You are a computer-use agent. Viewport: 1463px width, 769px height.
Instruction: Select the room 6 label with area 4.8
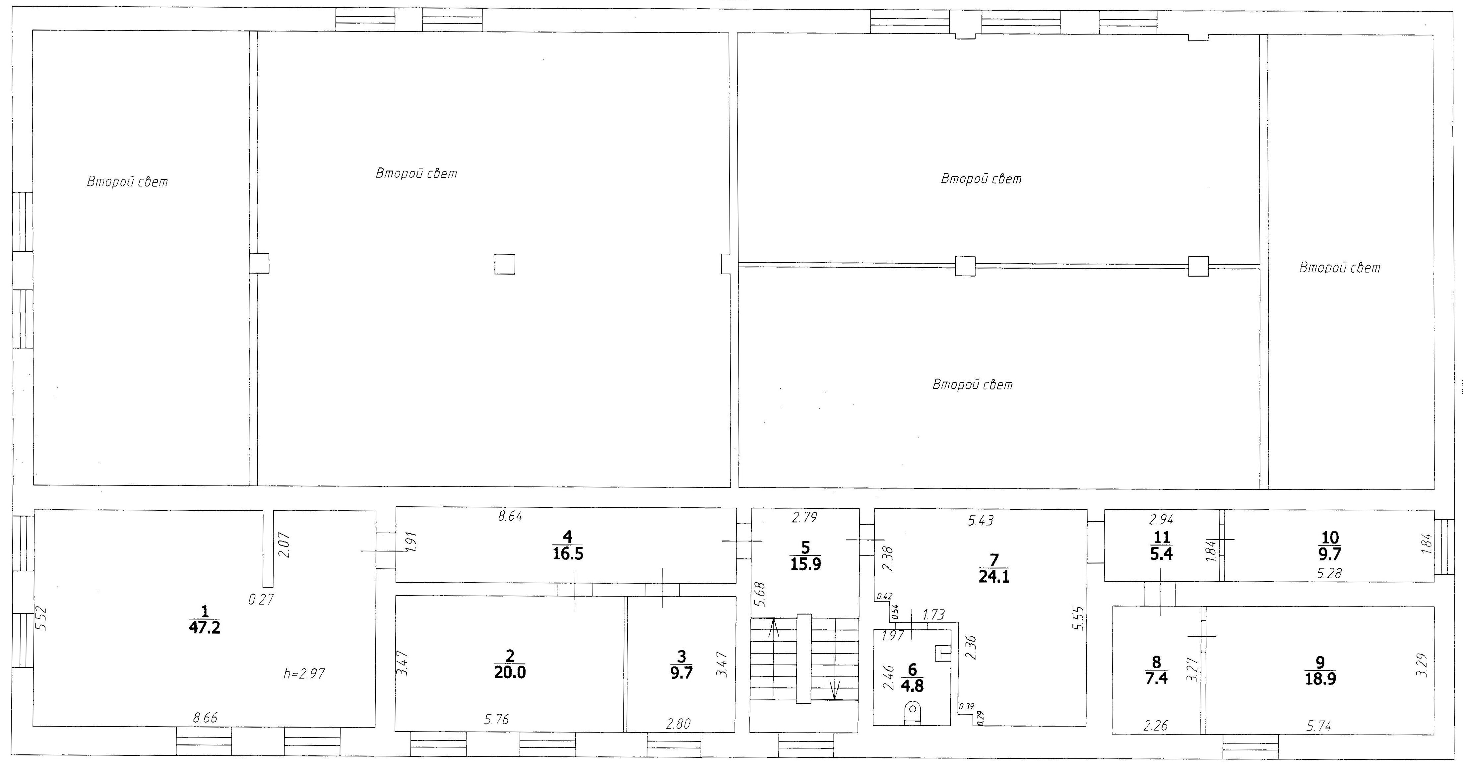(x=912, y=677)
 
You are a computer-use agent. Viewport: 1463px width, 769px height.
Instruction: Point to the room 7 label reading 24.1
(x=994, y=568)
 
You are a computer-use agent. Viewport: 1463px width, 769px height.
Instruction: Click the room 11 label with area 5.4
(x=1161, y=546)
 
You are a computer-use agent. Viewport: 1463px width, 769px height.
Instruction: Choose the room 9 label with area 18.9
(x=1320, y=671)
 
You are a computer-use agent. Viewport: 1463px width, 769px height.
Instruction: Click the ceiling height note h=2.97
(x=304, y=674)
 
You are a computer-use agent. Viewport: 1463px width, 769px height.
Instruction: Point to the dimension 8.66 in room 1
(x=205, y=718)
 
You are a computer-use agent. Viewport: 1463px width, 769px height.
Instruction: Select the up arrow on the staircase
(x=773, y=628)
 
